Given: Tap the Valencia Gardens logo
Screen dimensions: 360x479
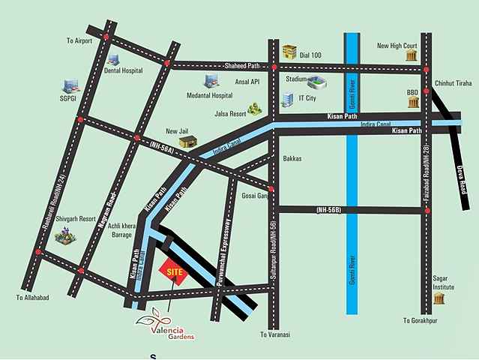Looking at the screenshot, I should [163, 325].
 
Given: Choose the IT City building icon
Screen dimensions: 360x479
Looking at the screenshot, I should [288, 99].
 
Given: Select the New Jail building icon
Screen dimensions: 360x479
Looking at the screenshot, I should [187, 140].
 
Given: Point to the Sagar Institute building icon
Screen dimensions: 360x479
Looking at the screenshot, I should [439, 298].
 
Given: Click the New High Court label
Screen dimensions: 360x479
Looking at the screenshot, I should [397, 46].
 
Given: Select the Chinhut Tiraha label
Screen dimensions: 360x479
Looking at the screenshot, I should [452, 84].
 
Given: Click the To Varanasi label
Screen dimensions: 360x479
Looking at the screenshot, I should [274, 334].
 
